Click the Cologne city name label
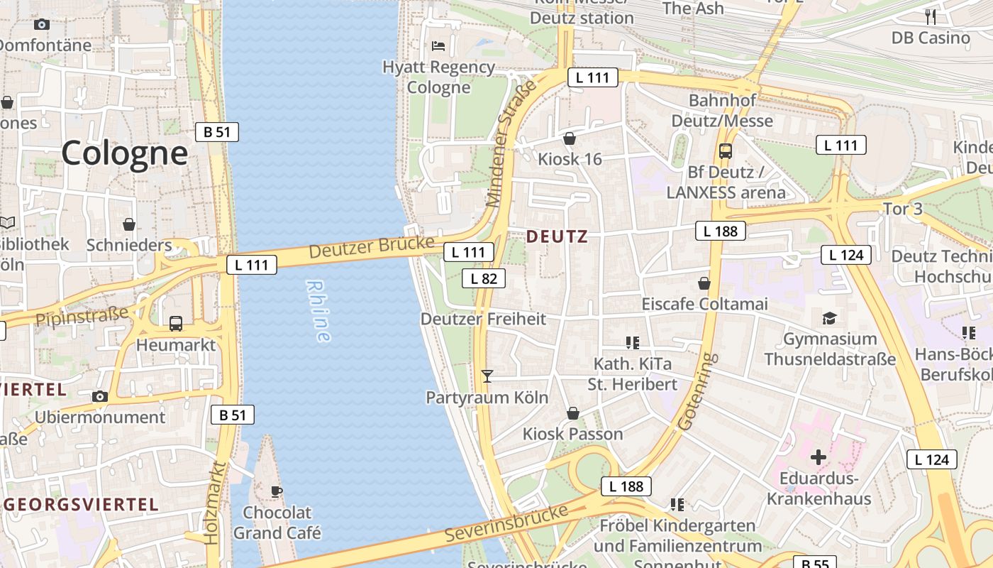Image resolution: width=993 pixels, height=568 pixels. pyautogui.click(x=125, y=153)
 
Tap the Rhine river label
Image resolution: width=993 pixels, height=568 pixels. pyautogui.click(x=318, y=311)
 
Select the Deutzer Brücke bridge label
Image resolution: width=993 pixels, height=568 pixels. pyautogui.click(x=371, y=247)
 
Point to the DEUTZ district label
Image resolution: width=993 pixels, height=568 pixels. pyautogui.click(x=557, y=236)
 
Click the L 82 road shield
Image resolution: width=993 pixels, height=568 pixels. pyautogui.click(x=484, y=278)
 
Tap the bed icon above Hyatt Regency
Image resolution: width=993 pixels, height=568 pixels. pyautogui.click(x=438, y=46)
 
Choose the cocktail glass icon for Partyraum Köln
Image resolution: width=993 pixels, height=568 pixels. pyautogui.click(x=487, y=376)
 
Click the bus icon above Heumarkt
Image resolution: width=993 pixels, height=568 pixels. pyautogui.click(x=176, y=324)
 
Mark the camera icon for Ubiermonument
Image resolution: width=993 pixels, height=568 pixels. pyautogui.click(x=100, y=396)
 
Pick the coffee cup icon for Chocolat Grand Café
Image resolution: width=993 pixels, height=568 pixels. pyautogui.click(x=277, y=491)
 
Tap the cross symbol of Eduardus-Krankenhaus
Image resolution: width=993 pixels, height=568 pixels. pyautogui.click(x=818, y=457)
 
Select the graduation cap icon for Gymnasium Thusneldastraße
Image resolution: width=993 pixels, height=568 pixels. pyautogui.click(x=829, y=317)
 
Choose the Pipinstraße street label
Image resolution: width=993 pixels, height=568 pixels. pyautogui.click(x=82, y=315)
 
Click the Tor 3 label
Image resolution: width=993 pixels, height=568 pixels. pyautogui.click(x=902, y=209)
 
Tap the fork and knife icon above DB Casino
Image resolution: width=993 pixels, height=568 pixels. pyautogui.click(x=931, y=16)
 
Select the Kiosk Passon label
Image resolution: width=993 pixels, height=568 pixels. pyautogui.click(x=572, y=434)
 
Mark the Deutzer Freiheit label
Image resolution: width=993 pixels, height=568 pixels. pyautogui.click(x=483, y=319)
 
